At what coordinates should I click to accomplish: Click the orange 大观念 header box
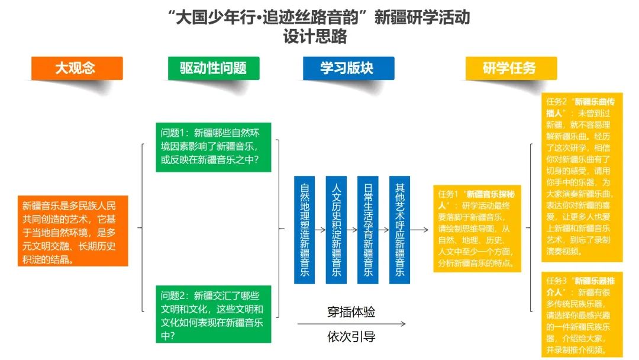point(77,68)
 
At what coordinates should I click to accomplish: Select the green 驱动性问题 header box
point(214,68)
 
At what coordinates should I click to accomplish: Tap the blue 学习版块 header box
point(348,68)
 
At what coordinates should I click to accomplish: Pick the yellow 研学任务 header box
point(511,68)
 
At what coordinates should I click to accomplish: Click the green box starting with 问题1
point(214,147)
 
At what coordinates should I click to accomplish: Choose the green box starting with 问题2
point(214,314)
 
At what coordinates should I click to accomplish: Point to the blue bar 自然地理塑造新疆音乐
point(305,230)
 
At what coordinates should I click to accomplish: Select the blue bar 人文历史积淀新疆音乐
point(336,230)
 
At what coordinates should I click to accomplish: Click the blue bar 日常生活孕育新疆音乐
point(367,230)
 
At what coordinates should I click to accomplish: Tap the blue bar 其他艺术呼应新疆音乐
point(399,230)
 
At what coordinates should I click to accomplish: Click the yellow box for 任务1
point(477,229)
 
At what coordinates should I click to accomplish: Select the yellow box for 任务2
point(582,178)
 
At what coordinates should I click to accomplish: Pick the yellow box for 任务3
point(582,314)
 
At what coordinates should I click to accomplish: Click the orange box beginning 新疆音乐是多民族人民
point(73,231)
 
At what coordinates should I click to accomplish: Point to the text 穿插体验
point(351,312)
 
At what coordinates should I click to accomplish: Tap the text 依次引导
point(351,336)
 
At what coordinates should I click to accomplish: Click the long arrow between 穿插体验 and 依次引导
point(351,324)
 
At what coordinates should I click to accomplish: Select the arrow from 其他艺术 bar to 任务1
point(419,230)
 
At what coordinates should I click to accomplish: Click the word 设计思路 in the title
point(315,36)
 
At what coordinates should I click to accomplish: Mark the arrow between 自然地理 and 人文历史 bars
point(320,230)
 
